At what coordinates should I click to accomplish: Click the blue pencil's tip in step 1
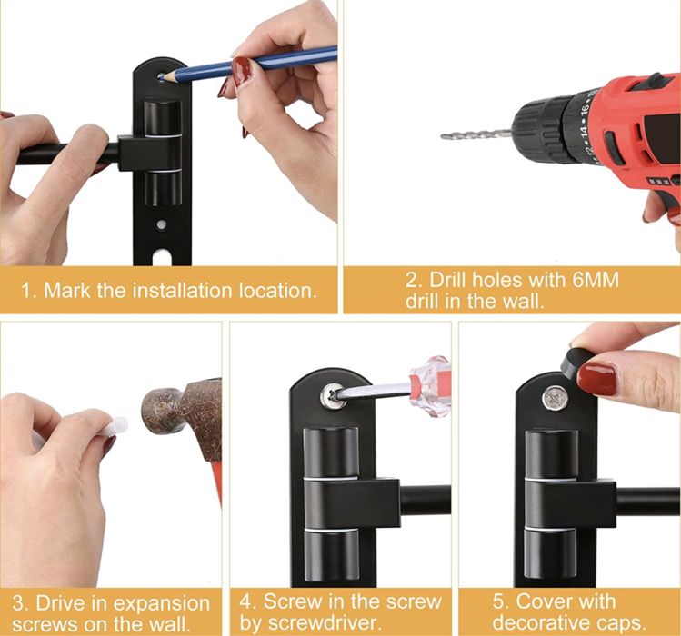pyautogui.click(x=160, y=78)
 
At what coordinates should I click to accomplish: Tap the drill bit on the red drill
pyautogui.click(x=476, y=134)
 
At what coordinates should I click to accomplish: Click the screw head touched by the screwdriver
pyautogui.click(x=334, y=395)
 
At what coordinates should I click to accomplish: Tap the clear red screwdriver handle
pyautogui.click(x=429, y=385)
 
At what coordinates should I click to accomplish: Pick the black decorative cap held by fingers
pyautogui.click(x=576, y=362)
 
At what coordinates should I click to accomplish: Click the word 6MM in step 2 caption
pyautogui.click(x=596, y=280)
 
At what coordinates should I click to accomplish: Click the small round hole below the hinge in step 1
pyautogui.click(x=162, y=224)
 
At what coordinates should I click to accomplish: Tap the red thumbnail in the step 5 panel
pyautogui.click(x=596, y=380)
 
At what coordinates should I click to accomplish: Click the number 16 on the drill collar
pyautogui.click(x=584, y=109)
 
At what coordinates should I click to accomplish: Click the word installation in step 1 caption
pyautogui.click(x=183, y=290)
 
